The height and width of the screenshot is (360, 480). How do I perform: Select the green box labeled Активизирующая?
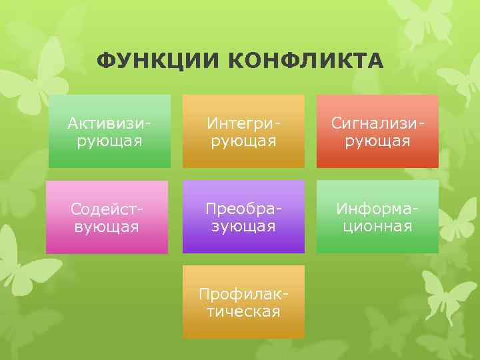pos(109,131)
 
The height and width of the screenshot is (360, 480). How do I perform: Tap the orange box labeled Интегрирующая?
pos(243,131)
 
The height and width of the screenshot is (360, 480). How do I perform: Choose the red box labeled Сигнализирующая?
pos(377,131)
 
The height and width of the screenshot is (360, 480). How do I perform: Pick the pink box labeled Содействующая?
pos(107,217)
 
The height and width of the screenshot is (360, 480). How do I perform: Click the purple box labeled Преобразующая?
pos(243,217)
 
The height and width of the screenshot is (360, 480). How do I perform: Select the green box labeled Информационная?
pos(377,217)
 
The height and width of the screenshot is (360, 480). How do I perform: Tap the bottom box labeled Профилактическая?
pos(243,301)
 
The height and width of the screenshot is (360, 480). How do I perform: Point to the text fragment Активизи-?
pos(109,123)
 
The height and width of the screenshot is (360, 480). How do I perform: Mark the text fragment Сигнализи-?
pos(377,123)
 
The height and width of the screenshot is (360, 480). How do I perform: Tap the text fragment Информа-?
pos(377,209)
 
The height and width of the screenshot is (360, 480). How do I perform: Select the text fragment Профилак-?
pos(243,294)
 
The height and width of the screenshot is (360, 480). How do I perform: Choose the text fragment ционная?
pos(374,226)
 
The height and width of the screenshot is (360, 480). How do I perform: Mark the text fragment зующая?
pos(243,226)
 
